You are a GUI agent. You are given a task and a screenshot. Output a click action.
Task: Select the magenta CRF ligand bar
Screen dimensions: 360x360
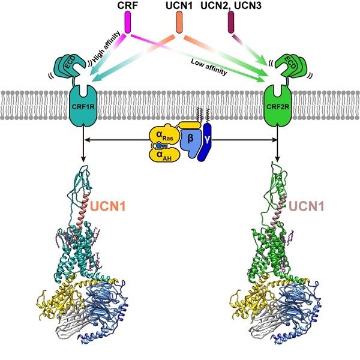click(x=128, y=23)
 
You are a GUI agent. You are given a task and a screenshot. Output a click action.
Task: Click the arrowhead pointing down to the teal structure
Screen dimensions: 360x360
click(x=82, y=160)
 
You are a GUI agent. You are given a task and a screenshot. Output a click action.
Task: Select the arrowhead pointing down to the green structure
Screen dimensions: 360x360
click(x=278, y=160)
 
